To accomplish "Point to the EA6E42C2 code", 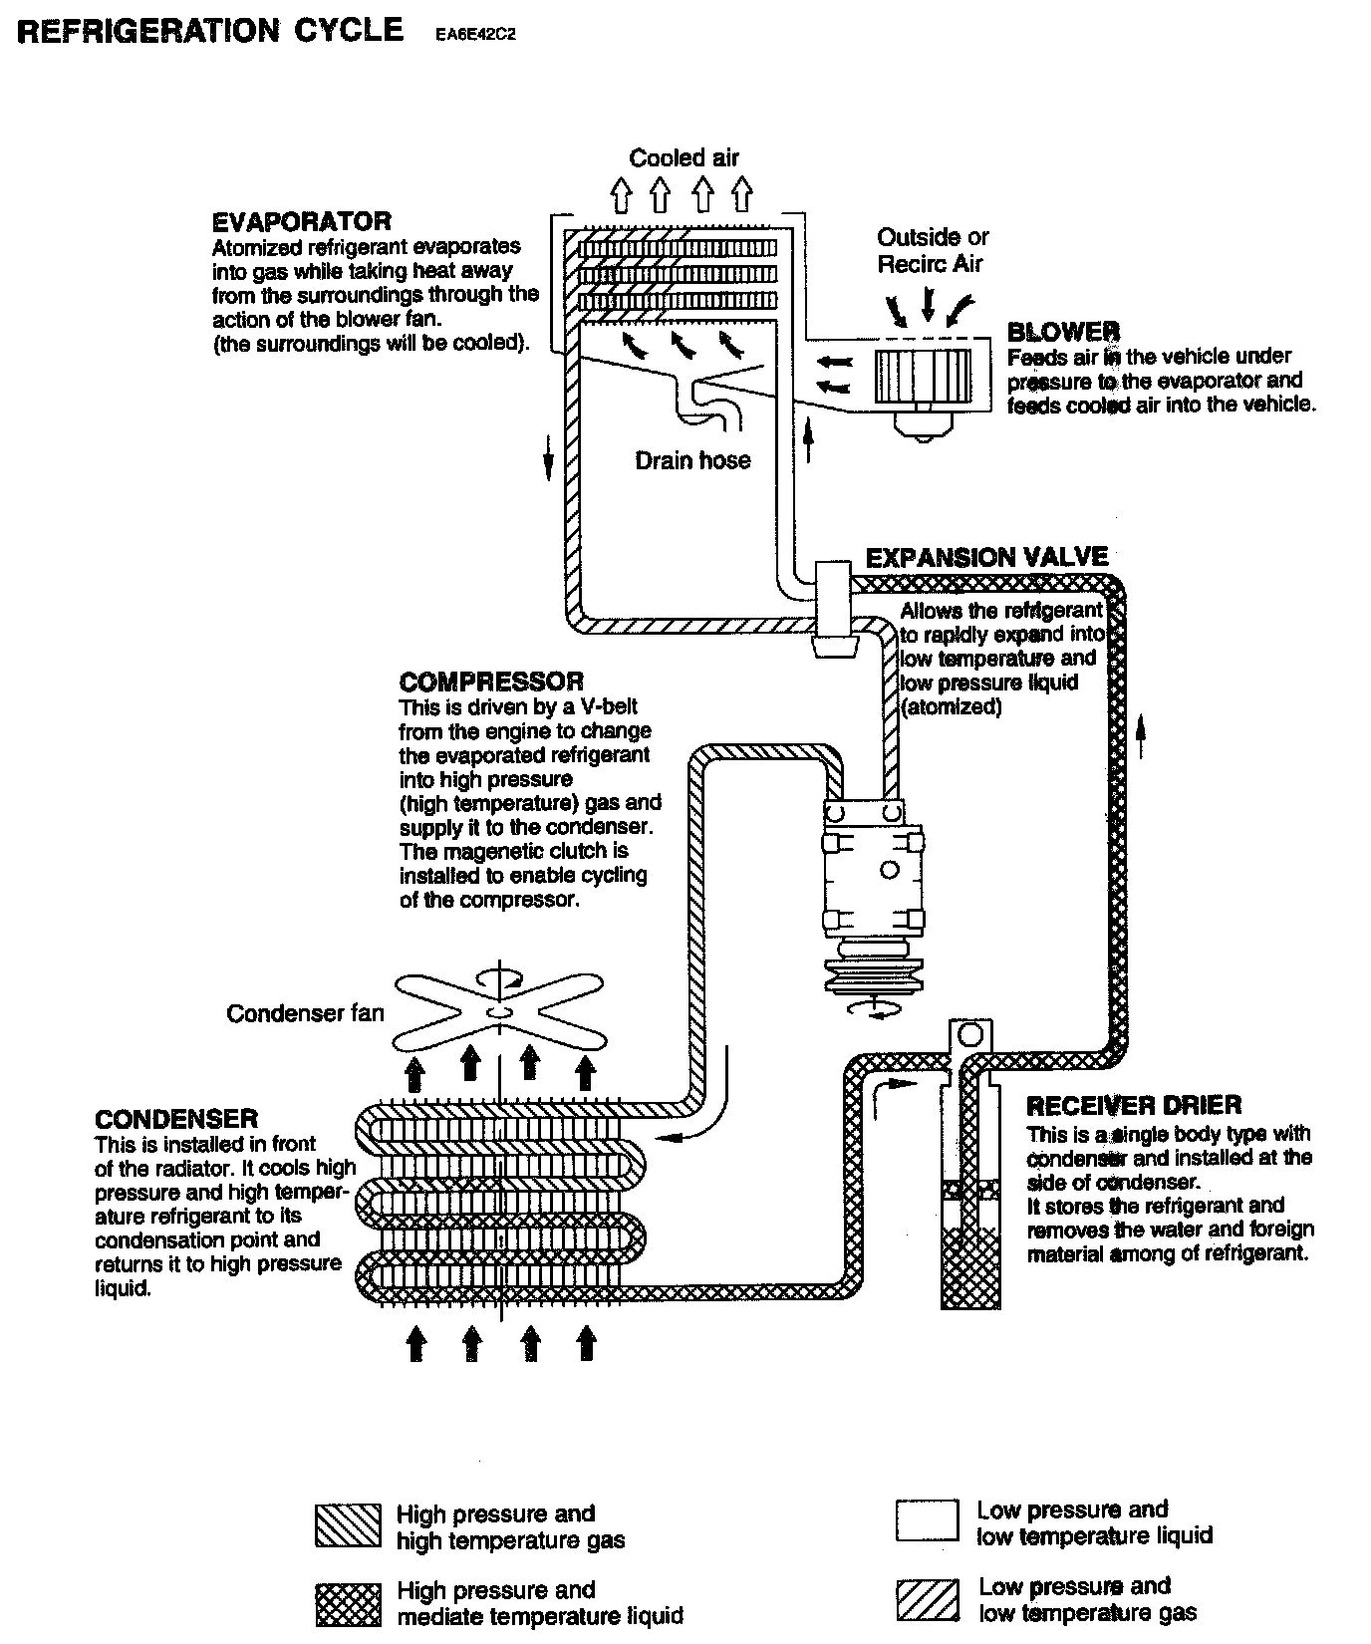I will [474, 34].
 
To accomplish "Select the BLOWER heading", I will [1063, 332].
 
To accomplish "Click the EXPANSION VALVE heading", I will [986, 557].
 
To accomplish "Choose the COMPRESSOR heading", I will [491, 682].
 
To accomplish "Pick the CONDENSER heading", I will [176, 1118].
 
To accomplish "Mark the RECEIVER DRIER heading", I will [1134, 1105].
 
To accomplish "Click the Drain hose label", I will [692, 460].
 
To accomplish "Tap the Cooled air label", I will [684, 157].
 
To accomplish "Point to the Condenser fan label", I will [305, 1013].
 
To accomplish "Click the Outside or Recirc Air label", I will [932, 250].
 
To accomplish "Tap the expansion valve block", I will [832, 608].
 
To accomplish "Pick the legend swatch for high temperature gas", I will [348, 1525].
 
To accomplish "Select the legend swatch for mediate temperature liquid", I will [348, 1603].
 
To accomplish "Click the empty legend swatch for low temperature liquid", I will [928, 1521].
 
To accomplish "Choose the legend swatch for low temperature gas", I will [928, 1600].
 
